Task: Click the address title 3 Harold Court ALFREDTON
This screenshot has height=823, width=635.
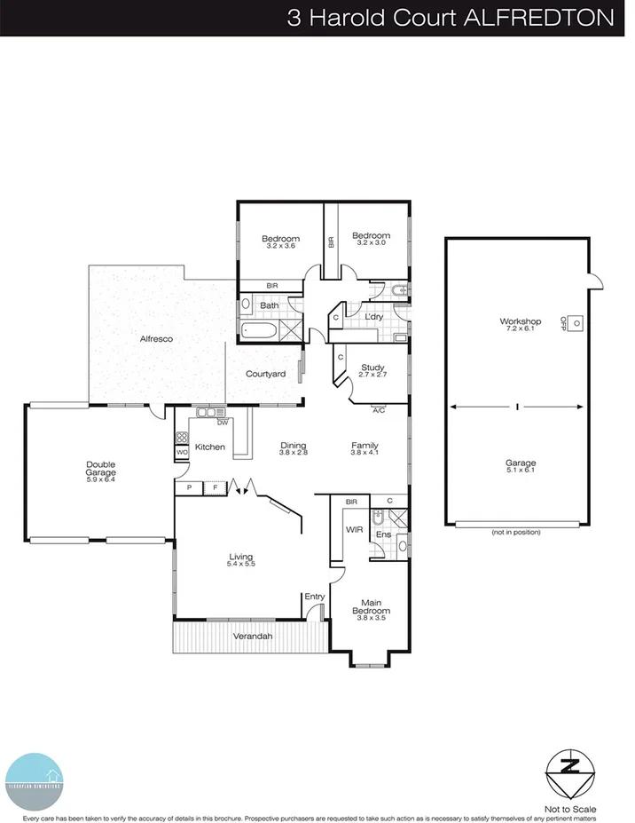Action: pyautogui.click(x=450, y=18)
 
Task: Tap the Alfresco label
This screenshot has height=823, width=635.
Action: pyautogui.click(x=155, y=339)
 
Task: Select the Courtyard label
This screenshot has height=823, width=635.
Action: pyautogui.click(x=265, y=374)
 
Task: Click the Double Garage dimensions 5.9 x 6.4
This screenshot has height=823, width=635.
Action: pyautogui.click(x=101, y=480)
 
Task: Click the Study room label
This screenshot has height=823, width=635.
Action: pyautogui.click(x=372, y=368)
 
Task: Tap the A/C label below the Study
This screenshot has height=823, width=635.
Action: pyautogui.click(x=379, y=410)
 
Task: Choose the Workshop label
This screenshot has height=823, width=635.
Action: pyautogui.click(x=520, y=320)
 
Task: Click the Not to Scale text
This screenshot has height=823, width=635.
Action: pyautogui.click(x=572, y=809)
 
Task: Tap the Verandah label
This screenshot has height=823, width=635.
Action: pyautogui.click(x=252, y=637)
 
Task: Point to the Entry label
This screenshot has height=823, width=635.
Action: pyautogui.click(x=314, y=597)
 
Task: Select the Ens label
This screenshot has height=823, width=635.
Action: pyautogui.click(x=382, y=534)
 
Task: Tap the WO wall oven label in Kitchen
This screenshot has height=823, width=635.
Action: pyautogui.click(x=181, y=452)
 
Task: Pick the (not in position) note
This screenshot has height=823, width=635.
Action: pyautogui.click(x=516, y=532)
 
